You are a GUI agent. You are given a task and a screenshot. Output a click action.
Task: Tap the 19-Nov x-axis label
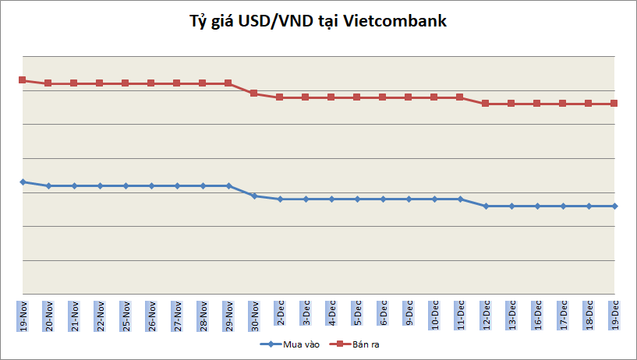pyautogui.click(x=23, y=314)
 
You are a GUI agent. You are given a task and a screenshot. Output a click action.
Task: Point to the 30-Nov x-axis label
pyautogui.click(x=254, y=314)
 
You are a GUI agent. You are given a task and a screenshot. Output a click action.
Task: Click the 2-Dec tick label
pyautogui.click(x=280, y=314)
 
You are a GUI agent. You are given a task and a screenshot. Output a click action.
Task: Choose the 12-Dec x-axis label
pyautogui.click(x=486, y=314)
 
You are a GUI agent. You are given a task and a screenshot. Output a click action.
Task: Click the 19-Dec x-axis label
pyautogui.click(x=614, y=314)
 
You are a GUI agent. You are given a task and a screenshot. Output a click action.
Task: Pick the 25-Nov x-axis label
pyautogui.click(x=126, y=314)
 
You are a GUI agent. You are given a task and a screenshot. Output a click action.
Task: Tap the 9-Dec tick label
pyautogui.click(x=409, y=314)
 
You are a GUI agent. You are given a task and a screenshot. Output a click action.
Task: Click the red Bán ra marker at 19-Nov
pyautogui.click(x=23, y=79)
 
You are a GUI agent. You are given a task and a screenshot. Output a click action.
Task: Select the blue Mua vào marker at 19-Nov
pyautogui.click(x=23, y=182)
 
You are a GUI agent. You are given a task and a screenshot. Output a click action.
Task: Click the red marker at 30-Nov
pyautogui.click(x=254, y=93)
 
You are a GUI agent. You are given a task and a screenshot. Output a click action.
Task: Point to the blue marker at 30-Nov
pyautogui.click(x=254, y=196)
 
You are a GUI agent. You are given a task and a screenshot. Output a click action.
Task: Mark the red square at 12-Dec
pyautogui.click(x=486, y=103)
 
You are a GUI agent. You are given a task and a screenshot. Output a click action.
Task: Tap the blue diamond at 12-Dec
pyautogui.click(x=486, y=206)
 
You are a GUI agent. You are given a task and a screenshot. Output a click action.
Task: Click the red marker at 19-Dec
pyautogui.click(x=614, y=103)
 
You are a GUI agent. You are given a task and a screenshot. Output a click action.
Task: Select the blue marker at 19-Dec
pyautogui.click(x=614, y=206)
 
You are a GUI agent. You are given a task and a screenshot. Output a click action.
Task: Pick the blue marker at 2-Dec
pyautogui.click(x=280, y=199)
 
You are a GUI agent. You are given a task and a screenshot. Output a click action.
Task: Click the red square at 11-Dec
pyautogui.click(x=460, y=97)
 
